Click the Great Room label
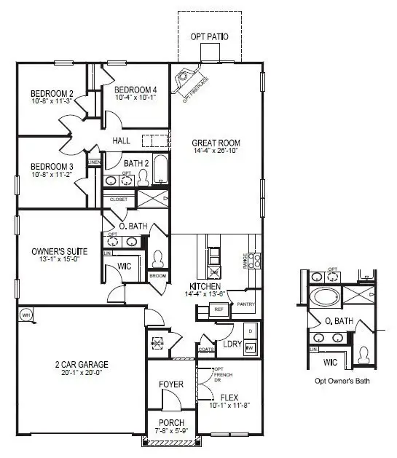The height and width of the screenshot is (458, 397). pyautogui.click(x=216, y=143)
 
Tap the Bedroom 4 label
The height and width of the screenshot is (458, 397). pyautogui.click(x=136, y=90)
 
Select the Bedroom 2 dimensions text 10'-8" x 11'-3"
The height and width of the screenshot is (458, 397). pyautogui.click(x=51, y=101)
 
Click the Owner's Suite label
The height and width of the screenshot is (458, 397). pyautogui.click(x=60, y=251)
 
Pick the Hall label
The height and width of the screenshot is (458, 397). pyautogui.click(x=121, y=141)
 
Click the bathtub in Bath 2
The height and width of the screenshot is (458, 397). pyautogui.click(x=160, y=171)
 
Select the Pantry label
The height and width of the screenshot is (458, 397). pyautogui.click(x=245, y=304)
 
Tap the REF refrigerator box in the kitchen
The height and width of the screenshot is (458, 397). pyautogui.click(x=219, y=310)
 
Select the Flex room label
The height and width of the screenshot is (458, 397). pyautogui.click(x=229, y=398)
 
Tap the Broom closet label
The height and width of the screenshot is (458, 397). pyautogui.click(x=158, y=276)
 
